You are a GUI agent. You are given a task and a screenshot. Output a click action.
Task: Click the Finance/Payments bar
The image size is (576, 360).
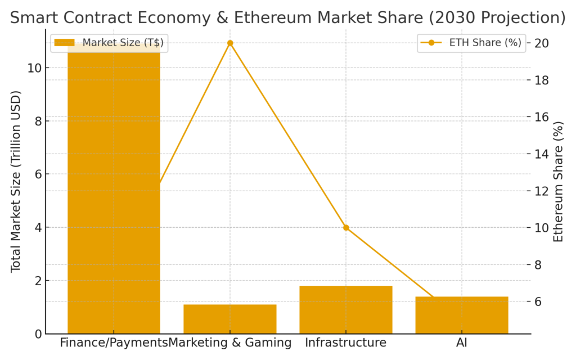pyautogui.click(x=114, y=191)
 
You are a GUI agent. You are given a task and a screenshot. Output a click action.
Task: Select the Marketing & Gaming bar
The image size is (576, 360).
pyautogui.click(x=229, y=319)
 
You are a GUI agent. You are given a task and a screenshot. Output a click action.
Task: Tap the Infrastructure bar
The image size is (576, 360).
pyautogui.click(x=345, y=310)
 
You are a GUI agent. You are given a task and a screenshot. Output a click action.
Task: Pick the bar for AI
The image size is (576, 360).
pyautogui.click(x=461, y=315)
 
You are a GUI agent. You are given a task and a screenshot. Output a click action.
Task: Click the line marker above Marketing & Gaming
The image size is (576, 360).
pyautogui.click(x=230, y=43)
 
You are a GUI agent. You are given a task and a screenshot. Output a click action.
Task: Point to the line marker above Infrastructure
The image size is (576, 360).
pyautogui.click(x=346, y=228)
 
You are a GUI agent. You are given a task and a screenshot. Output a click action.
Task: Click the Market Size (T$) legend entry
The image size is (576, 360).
pyautogui.click(x=111, y=43)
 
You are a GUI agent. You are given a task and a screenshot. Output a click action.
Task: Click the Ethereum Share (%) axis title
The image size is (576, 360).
pyautogui.click(x=558, y=181)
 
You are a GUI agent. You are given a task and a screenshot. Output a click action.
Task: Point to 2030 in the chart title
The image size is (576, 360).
pyautogui.click(x=449, y=18)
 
